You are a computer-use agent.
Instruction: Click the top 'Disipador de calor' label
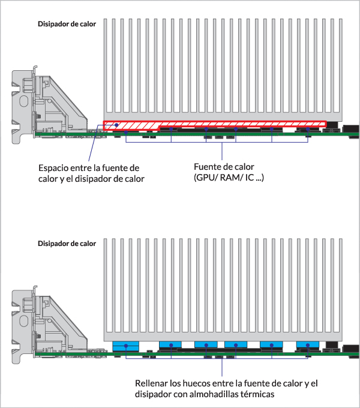pyautogui.click(x=67, y=25)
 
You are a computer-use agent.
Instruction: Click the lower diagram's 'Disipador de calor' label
pyautogui.click(x=67, y=244)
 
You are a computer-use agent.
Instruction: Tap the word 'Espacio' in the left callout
pyautogui.click(x=53, y=167)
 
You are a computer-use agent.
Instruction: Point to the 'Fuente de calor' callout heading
pyautogui.click(x=224, y=167)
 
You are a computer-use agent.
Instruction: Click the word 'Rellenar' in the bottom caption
pyautogui.click(x=152, y=383)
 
